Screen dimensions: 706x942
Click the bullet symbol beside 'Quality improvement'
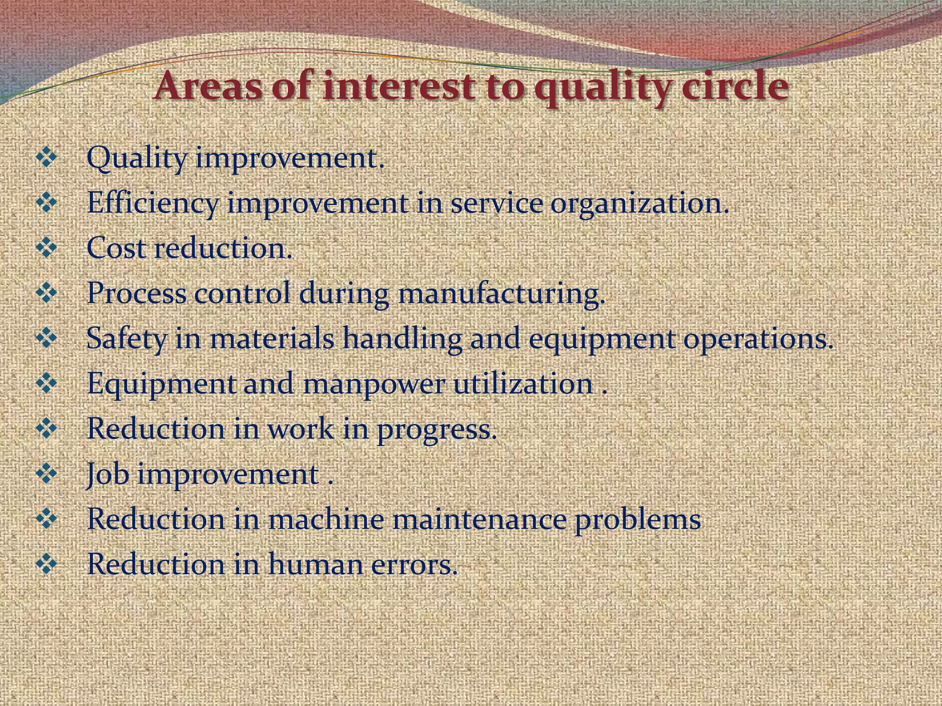tap(46, 159)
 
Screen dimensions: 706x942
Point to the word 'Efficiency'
tap(152, 204)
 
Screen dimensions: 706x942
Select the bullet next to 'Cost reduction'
tap(46, 249)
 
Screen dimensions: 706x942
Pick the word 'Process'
tap(137, 293)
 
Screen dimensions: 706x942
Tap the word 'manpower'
tap(373, 384)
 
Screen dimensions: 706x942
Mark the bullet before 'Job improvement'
tap(46, 474)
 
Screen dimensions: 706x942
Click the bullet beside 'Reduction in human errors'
tap(46, 564)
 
